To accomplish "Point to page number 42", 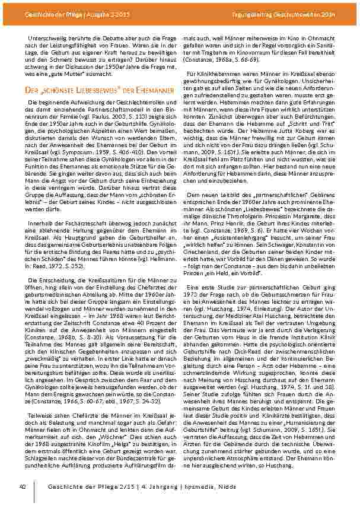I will coord(22,486).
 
